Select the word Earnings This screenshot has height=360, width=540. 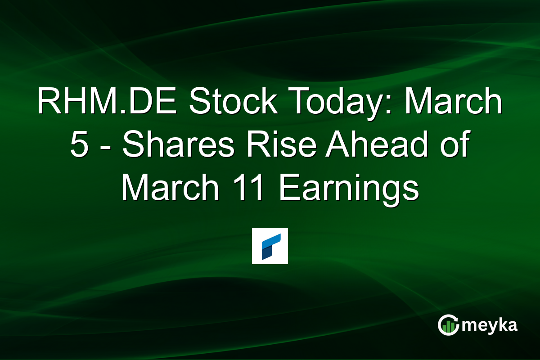(349, 189)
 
